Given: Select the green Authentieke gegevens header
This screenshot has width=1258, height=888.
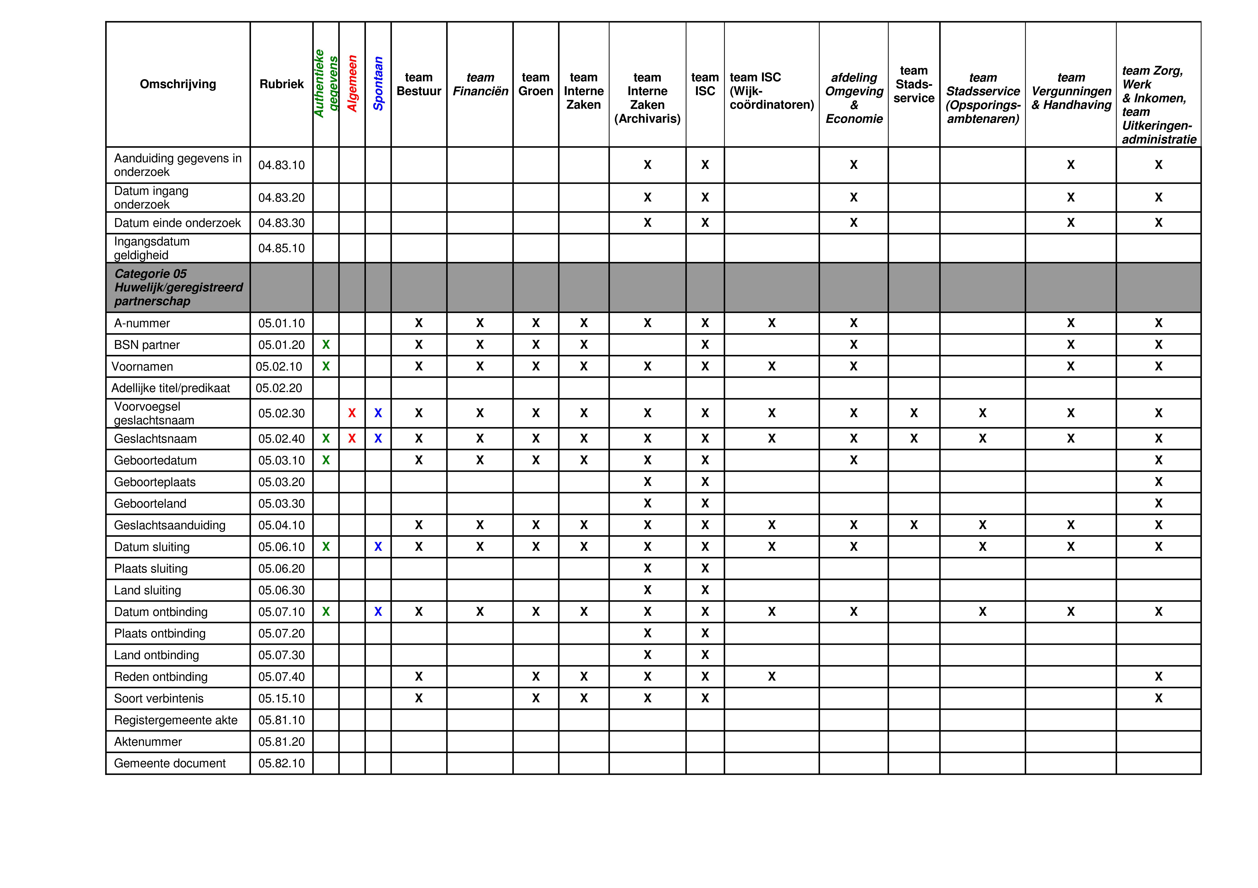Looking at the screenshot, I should point(326,84).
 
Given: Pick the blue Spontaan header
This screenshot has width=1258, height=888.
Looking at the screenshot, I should point(378,84).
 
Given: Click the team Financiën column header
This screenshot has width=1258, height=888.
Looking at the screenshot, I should point(480,84).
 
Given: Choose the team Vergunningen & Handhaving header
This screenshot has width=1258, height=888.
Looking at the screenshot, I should point(1071,91).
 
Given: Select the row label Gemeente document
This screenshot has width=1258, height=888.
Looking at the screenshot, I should point(170,763).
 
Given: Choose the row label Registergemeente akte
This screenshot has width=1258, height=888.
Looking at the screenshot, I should point(176,720).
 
